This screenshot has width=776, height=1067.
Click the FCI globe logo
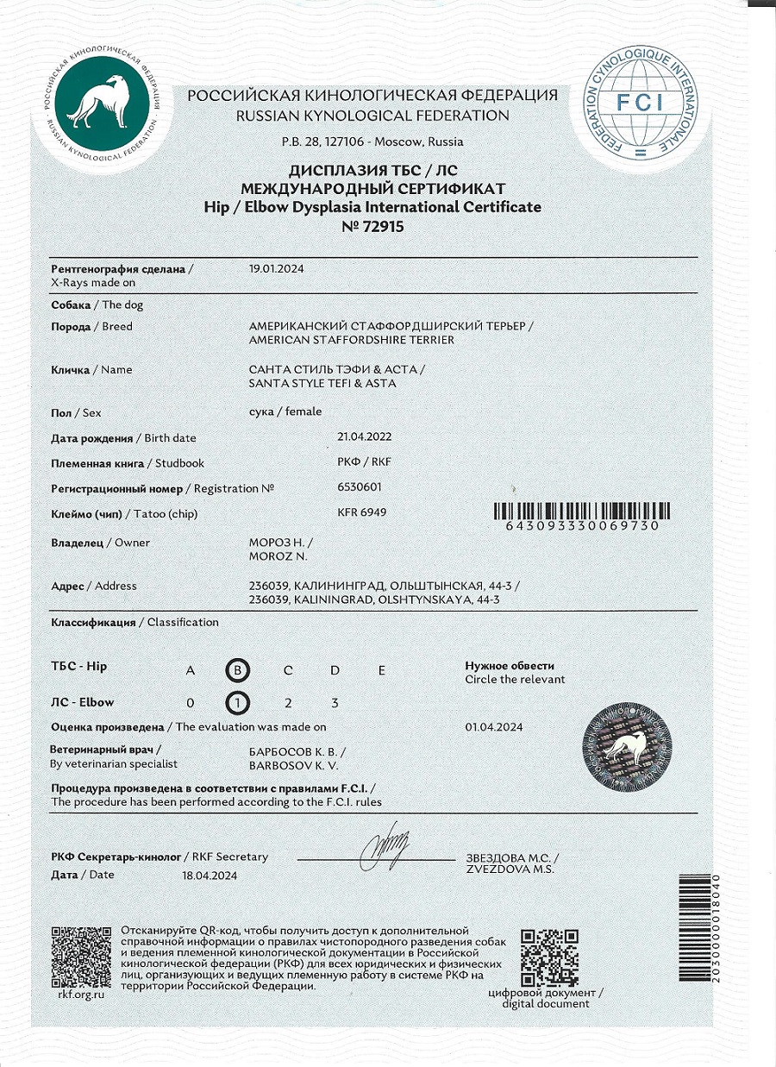point(639,102)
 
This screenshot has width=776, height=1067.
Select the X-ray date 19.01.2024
point(276,268)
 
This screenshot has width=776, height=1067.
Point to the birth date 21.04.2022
point(364,436)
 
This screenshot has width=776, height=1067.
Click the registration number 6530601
point(360,486)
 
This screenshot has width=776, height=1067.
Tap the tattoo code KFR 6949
point(362,512)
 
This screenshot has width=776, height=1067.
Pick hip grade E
point(381,670)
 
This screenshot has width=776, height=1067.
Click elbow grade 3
point(335,703)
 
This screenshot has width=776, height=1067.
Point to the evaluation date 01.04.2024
point(493,727)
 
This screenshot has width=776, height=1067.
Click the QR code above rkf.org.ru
point(81,957)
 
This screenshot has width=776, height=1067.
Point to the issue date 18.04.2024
point(209,875)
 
